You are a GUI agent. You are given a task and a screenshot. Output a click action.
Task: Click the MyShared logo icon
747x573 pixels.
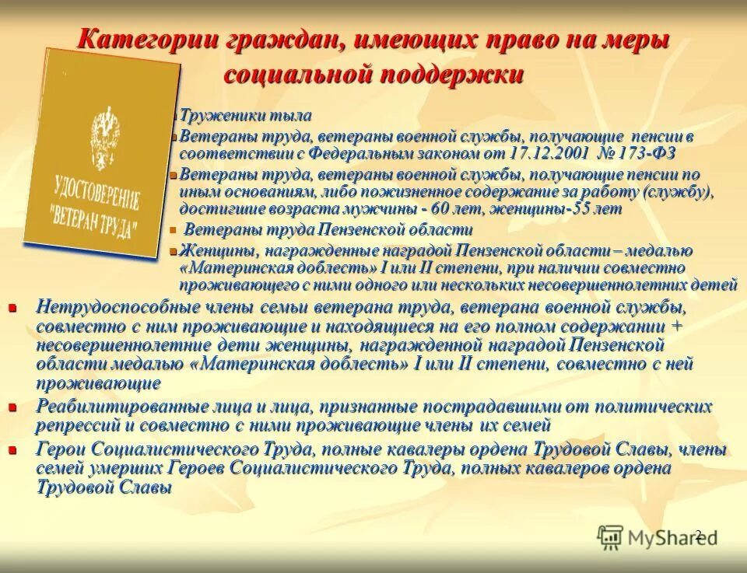pyautogui.click(x=610, y=536)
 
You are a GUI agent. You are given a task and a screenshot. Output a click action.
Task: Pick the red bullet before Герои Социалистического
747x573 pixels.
pyautogui.click(x=12, y=450)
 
